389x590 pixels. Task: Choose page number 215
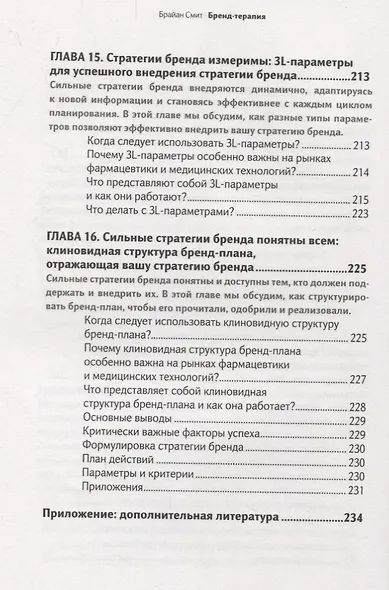(360, 199)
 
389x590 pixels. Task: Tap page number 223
(360, 213)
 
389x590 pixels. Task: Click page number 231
(360, 490)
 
